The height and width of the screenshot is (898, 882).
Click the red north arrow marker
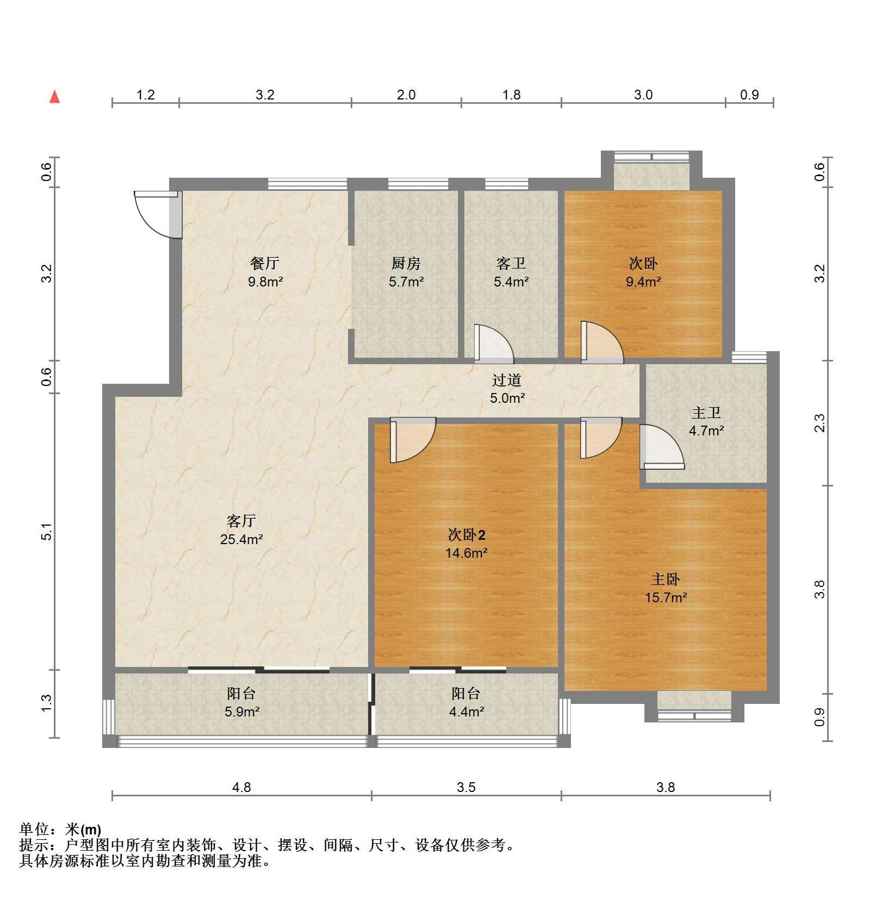pyautogui.click(x=54, y=97)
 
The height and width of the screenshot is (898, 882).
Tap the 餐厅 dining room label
pyautogui.click(x=265, y=264)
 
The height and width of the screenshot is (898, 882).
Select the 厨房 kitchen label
pyautogui.click(x=406, y=264)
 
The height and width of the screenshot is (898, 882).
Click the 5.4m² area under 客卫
pyautogui.click(x=511, y=282)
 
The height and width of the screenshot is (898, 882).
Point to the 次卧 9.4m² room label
pyautogui.click(x=643, y=272)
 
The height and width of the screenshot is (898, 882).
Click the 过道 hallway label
pyautogui.click(x=507, y=380)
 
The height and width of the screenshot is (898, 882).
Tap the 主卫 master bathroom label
pyautogui.click(x=706, y=413)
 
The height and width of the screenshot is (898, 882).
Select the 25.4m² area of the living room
pyautogui.click(x=242, y=539)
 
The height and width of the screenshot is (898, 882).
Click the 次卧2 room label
pyautogui.click(x=467, y=535)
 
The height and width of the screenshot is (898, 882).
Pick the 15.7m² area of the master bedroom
pyautogui.click(x=666, y=597)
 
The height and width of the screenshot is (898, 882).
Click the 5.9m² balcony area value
pyautogui.click(x=242, y=711)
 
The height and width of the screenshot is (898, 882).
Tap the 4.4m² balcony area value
pyautogui.click(x=467, y=711)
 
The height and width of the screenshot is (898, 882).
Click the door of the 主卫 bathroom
pyautogui.click(x=662, y=446)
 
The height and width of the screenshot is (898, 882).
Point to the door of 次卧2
pyautogui.click(x=413, y=440)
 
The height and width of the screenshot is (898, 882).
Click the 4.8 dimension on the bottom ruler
pyautogui.click(x=242, y=787)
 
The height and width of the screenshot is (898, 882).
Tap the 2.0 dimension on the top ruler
pyautogui.click(x=406, y=95)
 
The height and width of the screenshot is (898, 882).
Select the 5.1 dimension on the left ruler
pyautogui.click(x=47, y=532)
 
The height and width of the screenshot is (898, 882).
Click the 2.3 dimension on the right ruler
pyautogui.click(x=819, y=423)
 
